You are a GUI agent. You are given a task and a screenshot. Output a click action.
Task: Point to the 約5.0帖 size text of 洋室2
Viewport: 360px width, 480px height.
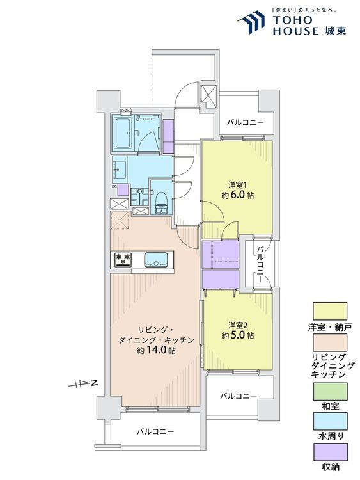coord(238,335)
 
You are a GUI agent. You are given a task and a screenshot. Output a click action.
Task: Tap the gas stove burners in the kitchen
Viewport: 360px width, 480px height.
coord(123,260)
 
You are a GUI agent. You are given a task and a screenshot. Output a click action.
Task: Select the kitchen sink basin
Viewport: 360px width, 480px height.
coord(157,260)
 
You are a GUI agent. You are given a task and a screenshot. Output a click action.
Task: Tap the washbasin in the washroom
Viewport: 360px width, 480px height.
coord(120,170)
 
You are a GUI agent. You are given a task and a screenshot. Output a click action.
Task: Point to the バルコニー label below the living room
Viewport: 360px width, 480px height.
coord(155,432)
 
